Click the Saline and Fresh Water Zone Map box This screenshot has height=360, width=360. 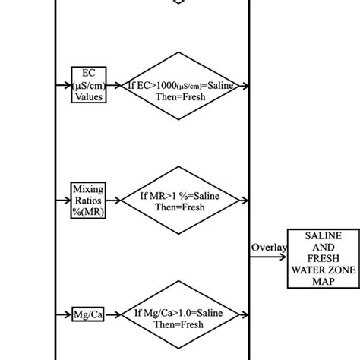click(323, 257)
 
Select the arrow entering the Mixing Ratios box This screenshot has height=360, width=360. click(64, 200)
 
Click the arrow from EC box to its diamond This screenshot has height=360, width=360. click(115, 86)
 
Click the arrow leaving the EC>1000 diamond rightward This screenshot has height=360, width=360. click(242, 86)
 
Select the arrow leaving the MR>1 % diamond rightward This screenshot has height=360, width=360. click(242, 200)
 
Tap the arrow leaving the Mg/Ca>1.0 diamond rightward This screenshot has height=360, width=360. click(242, 313)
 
